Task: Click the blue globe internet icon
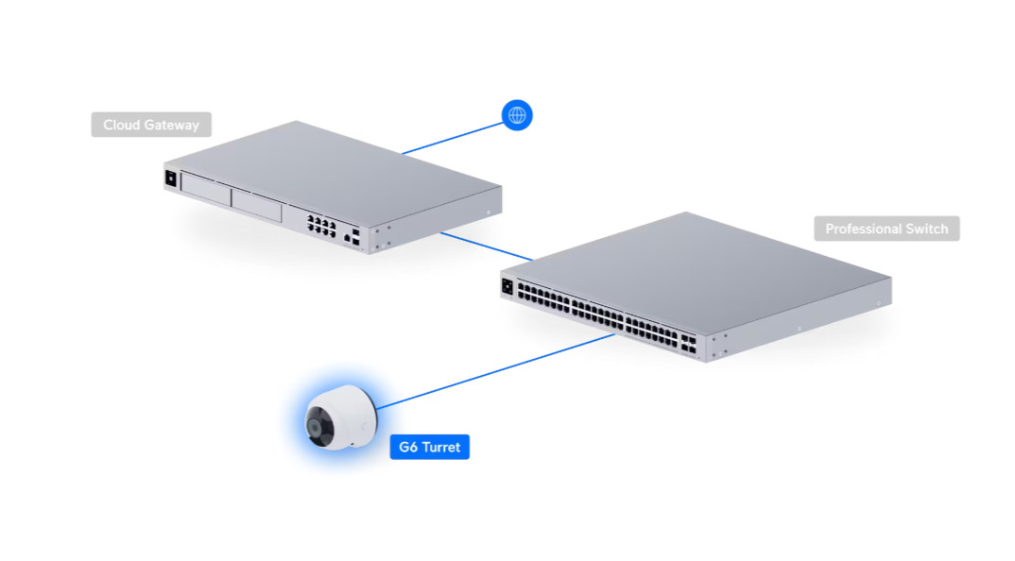pos(517,115)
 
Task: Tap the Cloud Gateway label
pos(151,125)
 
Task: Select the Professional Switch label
pos(886,229)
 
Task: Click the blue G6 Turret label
pos(429,447)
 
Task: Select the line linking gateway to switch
pos(486,246)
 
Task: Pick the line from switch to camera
pos(495,371)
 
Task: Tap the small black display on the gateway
pos(171,178)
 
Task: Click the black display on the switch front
pos(507,286)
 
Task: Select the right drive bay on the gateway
pos(256,205)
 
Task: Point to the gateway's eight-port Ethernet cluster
pos(321,225)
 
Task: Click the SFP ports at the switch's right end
pos(688,344)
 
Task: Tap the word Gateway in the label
pos(173,126)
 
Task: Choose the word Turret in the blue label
pos(440,447)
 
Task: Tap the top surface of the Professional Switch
pos(696,272)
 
